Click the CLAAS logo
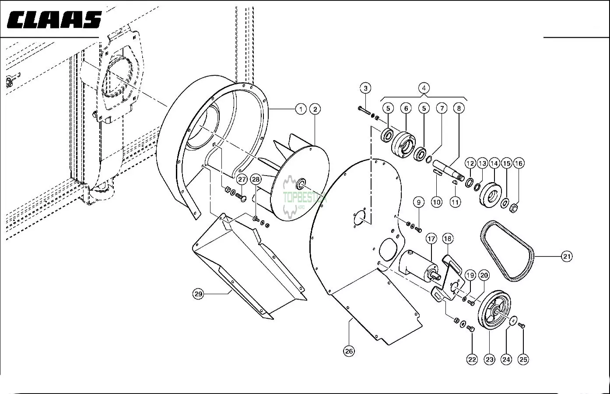[54, 20]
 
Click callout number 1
[301, 109]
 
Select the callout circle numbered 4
[424, 88]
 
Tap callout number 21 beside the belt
[567, 257]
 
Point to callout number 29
[198, 294]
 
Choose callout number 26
[349, 351]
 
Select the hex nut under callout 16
[513, 209]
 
